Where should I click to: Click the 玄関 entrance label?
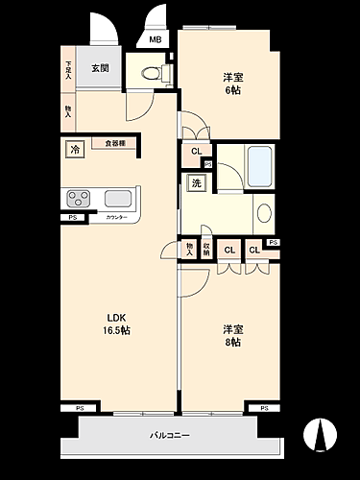coord(99,68)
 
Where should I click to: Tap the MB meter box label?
coord(155,40)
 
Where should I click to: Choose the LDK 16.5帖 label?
coord(116,324)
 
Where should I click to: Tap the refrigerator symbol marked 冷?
coord(75,149)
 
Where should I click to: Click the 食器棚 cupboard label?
coord(114,143)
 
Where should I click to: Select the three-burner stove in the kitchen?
coord(79,199)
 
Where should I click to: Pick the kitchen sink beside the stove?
coord(118,199)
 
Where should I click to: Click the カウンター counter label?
coord(116,219)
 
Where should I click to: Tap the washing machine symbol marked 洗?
coord(195,182)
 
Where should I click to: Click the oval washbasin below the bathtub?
coord(264,213)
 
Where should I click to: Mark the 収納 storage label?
coord(205,250)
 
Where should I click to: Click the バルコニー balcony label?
coord(170,436)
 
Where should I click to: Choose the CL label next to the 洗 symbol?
coord(196,152)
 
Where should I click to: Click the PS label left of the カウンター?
coord(72,219)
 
